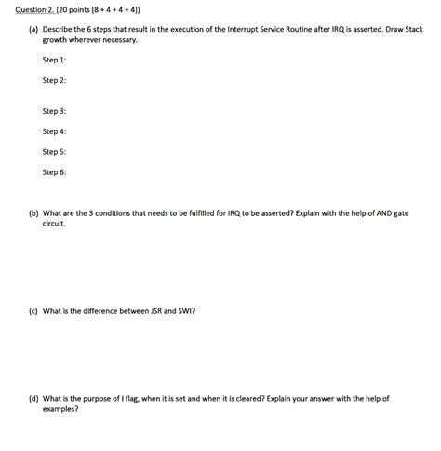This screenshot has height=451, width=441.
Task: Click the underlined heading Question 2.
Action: tap(26, 9)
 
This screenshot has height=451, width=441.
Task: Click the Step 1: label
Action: tap(54, 60)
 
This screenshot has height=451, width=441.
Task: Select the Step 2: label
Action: tap(54, 80)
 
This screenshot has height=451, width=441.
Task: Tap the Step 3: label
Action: tap(54, 111)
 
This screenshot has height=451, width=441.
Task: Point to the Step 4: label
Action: tap(54, 131)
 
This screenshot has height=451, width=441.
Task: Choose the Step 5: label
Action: tap(54, 151)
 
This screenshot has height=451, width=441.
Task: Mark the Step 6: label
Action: tap(54, 171)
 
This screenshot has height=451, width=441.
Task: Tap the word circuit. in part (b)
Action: tap(54, 224)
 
